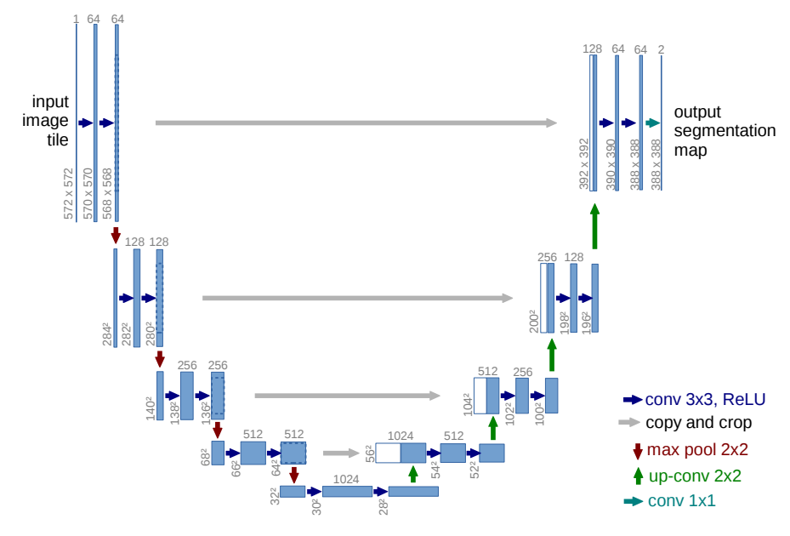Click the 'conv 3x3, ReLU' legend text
point(705,399)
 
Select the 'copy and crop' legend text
point(698,423)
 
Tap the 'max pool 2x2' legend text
point(697,449)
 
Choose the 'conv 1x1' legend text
point(681,501)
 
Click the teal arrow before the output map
point(652,123)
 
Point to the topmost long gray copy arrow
point(356,123)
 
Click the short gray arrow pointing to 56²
point(342,453)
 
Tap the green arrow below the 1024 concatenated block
point(413,474)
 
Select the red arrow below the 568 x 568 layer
point(116,235)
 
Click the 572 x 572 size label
point(69,194)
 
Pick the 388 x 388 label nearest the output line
point(656,164)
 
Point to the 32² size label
point(274,496)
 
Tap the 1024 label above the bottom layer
point(346,479)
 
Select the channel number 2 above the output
point(661,49)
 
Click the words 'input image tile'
point(45,121)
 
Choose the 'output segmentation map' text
point(725,131)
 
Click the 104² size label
point(468,404)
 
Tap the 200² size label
point(534,322)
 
